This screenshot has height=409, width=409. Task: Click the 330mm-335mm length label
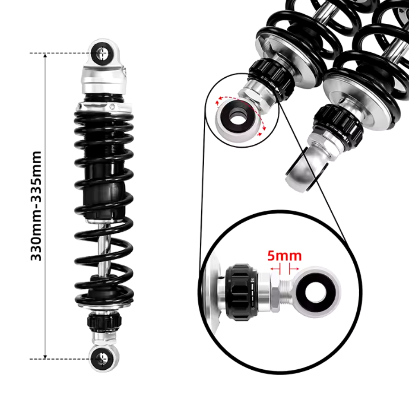point(37,206)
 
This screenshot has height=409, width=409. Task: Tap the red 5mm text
point(284,256)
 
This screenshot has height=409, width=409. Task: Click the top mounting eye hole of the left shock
point(101,52)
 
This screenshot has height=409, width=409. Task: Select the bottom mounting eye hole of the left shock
point(101,359)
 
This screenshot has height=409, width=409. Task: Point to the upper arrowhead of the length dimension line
point(45,56)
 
